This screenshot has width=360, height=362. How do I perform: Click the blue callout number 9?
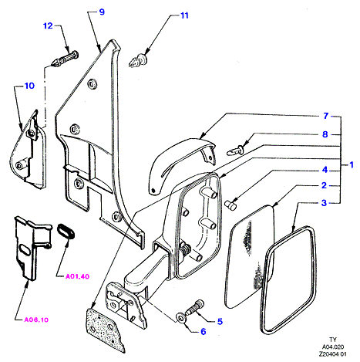102,12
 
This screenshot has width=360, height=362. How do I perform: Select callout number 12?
48,25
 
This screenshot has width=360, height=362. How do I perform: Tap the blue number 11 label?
184,15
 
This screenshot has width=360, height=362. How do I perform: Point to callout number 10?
29,86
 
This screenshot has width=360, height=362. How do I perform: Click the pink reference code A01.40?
77,276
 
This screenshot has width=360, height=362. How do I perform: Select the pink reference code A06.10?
36,320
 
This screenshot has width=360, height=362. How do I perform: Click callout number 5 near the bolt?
220,322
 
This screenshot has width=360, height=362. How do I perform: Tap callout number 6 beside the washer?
204,332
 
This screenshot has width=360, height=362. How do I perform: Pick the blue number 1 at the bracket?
352,164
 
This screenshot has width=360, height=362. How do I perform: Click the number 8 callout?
325,134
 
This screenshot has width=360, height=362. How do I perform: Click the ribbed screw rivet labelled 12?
65,59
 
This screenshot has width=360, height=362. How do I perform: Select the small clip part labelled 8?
235,151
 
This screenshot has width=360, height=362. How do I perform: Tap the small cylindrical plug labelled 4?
230,205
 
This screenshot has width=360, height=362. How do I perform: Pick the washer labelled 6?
180,317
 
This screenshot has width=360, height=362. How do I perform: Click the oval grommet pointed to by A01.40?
66,231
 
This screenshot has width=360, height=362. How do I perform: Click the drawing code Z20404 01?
332,354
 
